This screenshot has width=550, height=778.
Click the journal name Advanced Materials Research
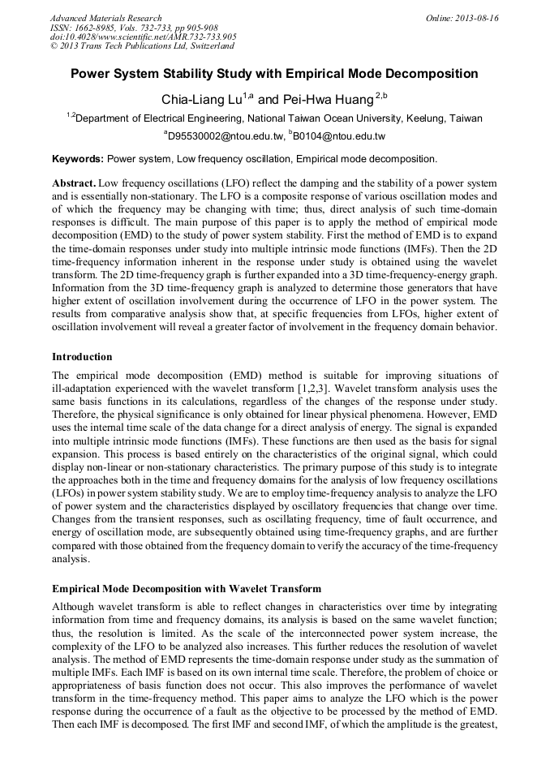click(105, 18)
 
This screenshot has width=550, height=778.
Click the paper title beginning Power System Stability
click(274, 74)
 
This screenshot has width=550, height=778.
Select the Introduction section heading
click(82, 357)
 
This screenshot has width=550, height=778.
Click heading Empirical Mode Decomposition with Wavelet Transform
click(186, 588)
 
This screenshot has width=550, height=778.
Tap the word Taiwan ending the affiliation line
click(465, 118)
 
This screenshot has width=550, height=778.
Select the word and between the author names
click(269, 100)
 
